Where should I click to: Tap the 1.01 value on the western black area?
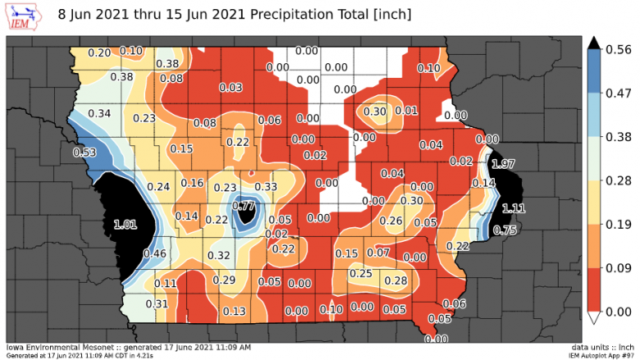(126, 223)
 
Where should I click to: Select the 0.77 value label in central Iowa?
(244, 207)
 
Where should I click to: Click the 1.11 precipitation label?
(513, 207)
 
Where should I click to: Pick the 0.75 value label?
(505, 230)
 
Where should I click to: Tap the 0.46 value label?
(156, 254)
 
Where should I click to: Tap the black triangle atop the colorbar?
(597, 42)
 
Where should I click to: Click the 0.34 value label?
(99, 112)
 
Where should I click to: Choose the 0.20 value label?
(99, 52)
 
